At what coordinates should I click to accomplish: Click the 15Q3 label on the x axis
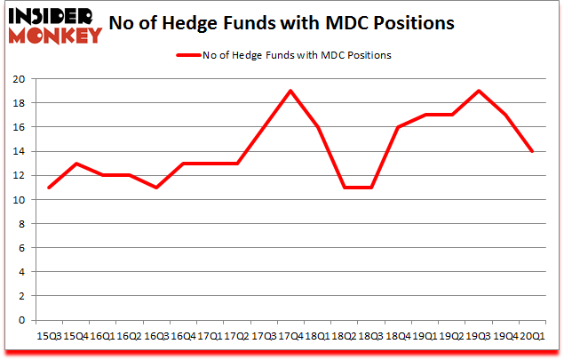(49, 336)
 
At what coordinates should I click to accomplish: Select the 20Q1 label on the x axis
(532, 336)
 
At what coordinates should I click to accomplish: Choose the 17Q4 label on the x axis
(290, 336)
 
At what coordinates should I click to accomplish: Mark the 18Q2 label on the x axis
(344, 336)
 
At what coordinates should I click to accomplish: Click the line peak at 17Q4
(290, 91)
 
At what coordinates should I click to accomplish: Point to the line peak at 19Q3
(478, 91)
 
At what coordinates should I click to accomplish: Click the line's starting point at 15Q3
(49, 188)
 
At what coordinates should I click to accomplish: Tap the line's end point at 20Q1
(532, 151)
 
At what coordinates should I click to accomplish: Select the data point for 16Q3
(156, 188)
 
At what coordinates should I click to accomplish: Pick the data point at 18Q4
(397, 127)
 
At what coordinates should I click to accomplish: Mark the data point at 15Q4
(75, 164)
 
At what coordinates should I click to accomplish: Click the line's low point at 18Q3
(370, 188)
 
